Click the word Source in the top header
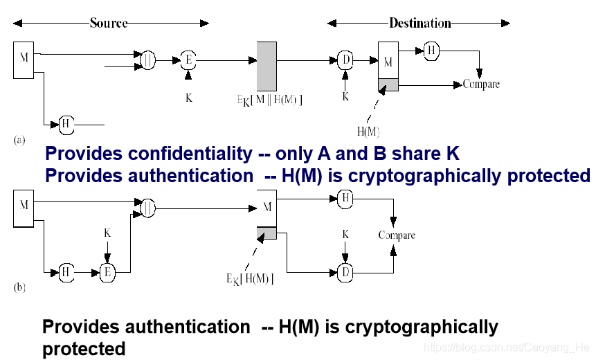point(109,23)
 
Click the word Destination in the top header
point(419,23)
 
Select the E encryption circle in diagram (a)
point(188,61)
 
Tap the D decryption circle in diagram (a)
point(345,61)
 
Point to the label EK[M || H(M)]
point(269,100)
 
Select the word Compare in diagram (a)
point(481,84)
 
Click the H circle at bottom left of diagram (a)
point(66,125)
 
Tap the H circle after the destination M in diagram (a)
point(431,50)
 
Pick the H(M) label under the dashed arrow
point(368,131)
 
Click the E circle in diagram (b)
point(107,273)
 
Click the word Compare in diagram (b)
point(397,235)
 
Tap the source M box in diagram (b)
point(24,207)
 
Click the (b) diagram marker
point(19,287)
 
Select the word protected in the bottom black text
point(84,348)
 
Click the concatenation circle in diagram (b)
point(147,206)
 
